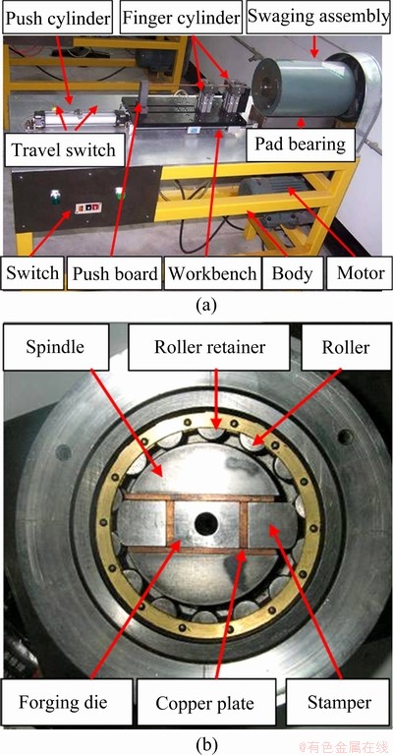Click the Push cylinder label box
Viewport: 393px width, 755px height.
58,18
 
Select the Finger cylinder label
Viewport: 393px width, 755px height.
181,18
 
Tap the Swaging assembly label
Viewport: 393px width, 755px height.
318,17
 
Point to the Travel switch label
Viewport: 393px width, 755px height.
64,149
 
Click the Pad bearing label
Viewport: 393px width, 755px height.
301,144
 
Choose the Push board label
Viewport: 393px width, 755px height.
115,273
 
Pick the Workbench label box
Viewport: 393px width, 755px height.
212,273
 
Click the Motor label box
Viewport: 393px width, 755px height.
359,273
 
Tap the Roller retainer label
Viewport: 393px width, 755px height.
209,347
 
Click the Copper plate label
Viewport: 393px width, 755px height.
204,703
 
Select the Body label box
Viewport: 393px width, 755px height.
292,273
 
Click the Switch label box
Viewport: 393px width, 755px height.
32,273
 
